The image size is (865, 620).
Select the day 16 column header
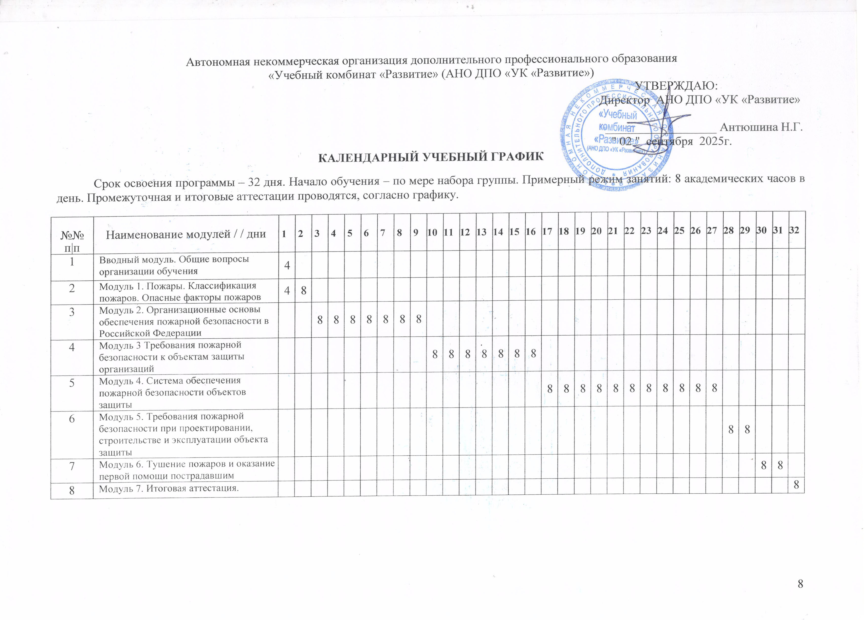point(531,231)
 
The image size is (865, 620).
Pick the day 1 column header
point(284,233)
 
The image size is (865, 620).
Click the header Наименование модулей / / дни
point(186,234)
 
